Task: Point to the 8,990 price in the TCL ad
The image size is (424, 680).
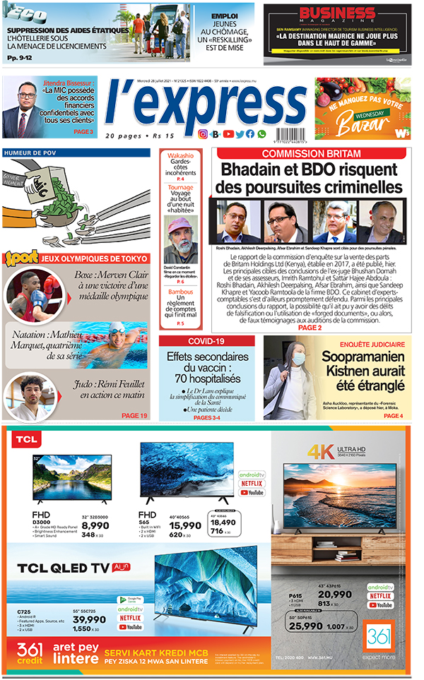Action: pyautogui.click(x=95, y=525)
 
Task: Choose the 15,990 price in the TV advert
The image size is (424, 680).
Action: pyautogui.click(x=184, y=525)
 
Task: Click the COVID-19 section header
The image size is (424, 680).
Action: pyautogui.click(x=206, y=342)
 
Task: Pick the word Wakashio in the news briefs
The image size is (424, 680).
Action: pyautogui.click(x=180, y=155)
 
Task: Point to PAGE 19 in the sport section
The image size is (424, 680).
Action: pyautogui.click(x=134, y=415)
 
